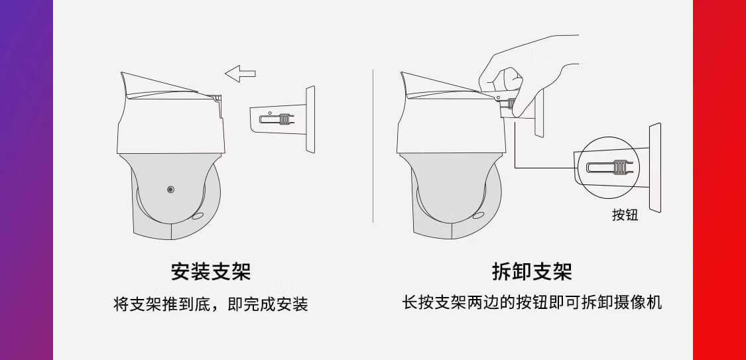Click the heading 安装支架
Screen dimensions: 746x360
[x=211, y=272]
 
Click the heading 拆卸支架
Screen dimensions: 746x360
[x=532, y=272]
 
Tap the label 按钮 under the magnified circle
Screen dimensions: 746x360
[x=625, y=215]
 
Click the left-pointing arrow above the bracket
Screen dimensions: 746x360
[x=239, y=73]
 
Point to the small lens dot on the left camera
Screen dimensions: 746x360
[x=171, y=190]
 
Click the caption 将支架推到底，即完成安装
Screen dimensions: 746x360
[x=211, y=305]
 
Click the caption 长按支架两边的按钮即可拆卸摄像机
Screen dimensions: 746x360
[x=532, y=303]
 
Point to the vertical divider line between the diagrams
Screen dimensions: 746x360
[x=373, y=146]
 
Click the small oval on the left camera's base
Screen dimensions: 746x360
[x=197, y=215]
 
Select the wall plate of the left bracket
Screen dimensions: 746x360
[x=310, y=119]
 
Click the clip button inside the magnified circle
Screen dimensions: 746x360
[x=619, y=167]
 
